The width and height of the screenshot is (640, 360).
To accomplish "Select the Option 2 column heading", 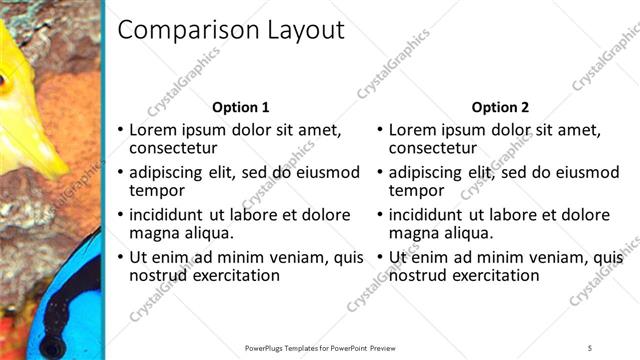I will pyautogui.click(x=501, y=107).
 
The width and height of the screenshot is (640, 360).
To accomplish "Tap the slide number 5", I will pyautogui.click(x=590, y=348).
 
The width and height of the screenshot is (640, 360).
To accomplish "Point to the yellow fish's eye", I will pyautogui.click(x=6, y=83).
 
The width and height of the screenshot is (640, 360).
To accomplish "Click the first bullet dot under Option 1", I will pyautogui.click(x=121, y=130).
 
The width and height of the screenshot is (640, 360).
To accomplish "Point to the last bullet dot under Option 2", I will pyautogui.click(x=381, y=258).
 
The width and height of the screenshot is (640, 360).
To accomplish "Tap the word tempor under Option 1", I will pyautogui.click(x=157, y=190).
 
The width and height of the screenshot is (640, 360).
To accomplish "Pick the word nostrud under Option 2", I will pyautogui.click(x=417, y=275).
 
